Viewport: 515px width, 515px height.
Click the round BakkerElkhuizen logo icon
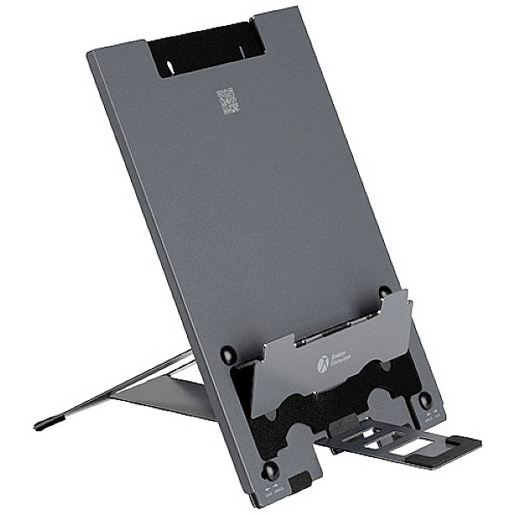pyautogui.click(x=322, y=364)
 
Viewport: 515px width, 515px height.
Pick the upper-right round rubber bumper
pyautogui.click(x=386, y=292)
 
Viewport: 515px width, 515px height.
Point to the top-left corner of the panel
pyautogui.click(x=89, y=53)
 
